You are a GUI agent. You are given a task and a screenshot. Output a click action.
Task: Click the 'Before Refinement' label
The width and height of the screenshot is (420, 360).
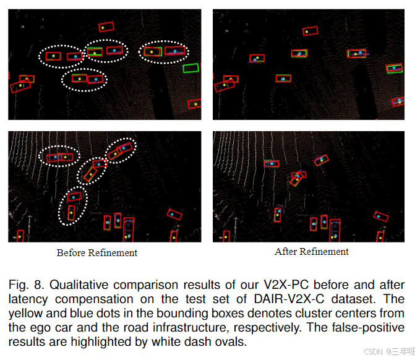click(97, 252)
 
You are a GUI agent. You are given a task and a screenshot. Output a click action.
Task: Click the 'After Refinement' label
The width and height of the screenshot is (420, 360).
click(311, 252)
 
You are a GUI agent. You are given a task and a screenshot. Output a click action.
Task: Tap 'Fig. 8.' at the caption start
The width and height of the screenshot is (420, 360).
click(27, 285)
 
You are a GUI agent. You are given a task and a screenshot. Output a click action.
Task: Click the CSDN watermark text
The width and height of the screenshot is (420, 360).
click(389, 351)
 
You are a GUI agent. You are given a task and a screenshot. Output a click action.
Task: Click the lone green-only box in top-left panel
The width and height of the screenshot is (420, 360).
click(191, 68)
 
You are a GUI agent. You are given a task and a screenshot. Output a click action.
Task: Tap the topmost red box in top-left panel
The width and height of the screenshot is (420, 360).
click(106, 27)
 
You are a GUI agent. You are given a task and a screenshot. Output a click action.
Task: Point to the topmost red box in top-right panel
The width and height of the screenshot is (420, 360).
click(310, 30)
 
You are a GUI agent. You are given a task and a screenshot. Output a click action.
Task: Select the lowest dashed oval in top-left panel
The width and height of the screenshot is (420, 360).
click(85, 79)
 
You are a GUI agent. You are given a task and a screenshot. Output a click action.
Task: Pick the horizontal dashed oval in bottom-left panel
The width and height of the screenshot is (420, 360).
click(59, 157)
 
